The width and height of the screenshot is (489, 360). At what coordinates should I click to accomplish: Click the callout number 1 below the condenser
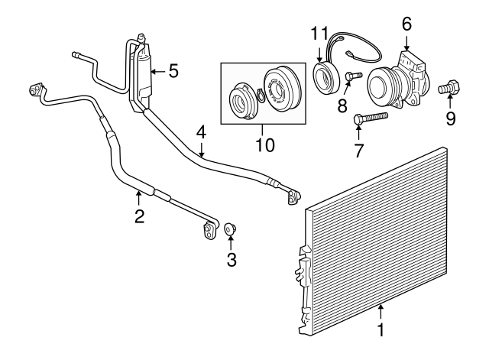pos(381,330)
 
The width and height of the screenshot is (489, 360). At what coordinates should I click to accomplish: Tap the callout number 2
pos(139,216)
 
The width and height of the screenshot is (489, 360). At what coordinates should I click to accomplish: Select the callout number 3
pos(231,260)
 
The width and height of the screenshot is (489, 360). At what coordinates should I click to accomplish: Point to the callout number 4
pos(202,132)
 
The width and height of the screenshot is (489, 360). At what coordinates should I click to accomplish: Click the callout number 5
pos(173,71)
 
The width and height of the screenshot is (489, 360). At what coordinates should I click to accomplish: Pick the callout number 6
pos(406,24)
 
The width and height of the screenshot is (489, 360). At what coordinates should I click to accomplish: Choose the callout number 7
pos(358,151)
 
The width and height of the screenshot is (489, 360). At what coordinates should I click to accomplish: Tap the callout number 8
pos(342,105)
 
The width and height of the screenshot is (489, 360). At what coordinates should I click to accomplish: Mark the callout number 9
pos(450,119)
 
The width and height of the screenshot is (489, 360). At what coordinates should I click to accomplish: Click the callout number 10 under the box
pos(265,144)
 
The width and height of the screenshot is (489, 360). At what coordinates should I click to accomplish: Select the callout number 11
pos(320,34)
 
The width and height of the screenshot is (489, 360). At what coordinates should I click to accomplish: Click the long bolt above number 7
pos(371,118)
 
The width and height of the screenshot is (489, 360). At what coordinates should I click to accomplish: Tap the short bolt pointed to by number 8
pos(354,76)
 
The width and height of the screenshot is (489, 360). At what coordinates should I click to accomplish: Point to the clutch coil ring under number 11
pos(326,77)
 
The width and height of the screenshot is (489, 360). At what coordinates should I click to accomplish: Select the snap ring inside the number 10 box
pos(261,96)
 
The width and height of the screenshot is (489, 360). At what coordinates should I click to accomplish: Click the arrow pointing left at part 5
pos(158,72)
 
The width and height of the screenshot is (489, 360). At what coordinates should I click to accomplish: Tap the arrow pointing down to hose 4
pos(202,150)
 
